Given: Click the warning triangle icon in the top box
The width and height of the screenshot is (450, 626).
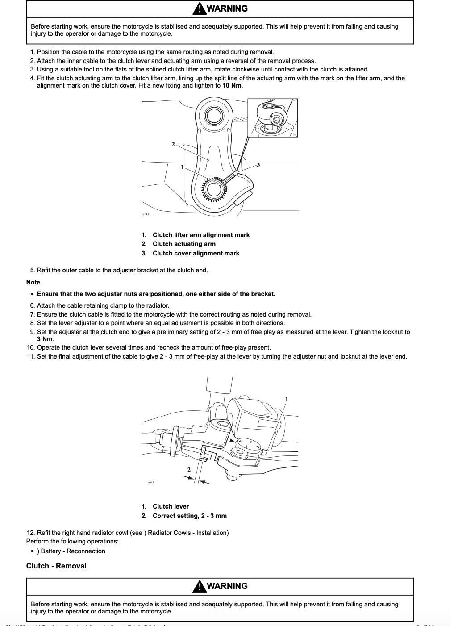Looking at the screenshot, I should (199, 8).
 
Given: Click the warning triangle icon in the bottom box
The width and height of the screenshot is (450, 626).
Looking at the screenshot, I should (199, 586).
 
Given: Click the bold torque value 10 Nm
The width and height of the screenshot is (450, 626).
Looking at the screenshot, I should (232, 85).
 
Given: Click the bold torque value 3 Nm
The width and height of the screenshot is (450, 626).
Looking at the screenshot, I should (45, 339).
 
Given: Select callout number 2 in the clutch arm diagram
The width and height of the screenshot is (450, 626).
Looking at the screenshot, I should (173, 144).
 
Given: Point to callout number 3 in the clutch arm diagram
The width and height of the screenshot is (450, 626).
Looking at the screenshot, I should (258, 165).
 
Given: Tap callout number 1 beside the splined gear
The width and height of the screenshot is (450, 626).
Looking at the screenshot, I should (182, 167).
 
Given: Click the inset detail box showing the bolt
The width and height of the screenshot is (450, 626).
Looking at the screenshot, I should (272, 118).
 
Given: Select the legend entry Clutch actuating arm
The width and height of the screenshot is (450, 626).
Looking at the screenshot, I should (184, 244).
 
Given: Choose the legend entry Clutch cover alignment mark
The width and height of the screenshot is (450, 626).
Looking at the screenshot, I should (196, 253).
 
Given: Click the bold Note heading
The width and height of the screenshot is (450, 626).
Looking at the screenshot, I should (33, 282).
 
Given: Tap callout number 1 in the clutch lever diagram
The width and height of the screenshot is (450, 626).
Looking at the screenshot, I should (287, 399).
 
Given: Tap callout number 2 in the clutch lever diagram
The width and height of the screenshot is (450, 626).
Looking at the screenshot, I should (189, 470).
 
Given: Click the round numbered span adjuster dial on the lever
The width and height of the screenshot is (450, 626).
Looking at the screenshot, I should (248, 446).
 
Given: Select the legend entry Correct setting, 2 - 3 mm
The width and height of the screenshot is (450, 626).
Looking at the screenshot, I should (189, 516).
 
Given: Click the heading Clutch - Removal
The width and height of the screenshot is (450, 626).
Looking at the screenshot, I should (56, 566).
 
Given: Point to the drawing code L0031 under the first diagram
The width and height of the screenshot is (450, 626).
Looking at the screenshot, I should (146, 214).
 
